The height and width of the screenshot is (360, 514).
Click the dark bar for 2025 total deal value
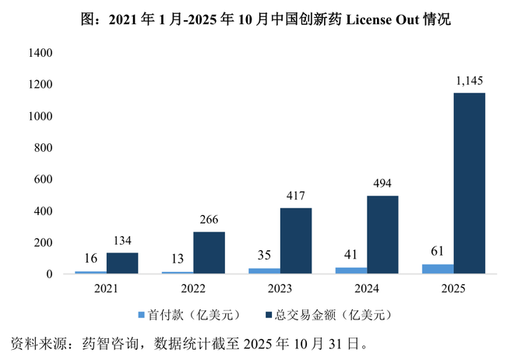[470, 184]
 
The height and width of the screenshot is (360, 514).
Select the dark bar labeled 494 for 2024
[383, 235]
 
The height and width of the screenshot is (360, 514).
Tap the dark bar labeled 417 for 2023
[296, 242]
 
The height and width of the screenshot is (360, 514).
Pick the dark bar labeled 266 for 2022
[209, 253]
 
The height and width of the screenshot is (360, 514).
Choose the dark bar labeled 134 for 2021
[122, 263]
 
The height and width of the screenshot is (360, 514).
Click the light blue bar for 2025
[438, 270]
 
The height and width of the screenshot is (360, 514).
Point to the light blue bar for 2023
[265, 271]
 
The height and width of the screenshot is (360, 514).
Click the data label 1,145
[469, 81]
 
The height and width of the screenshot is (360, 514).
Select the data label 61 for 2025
[437, 252]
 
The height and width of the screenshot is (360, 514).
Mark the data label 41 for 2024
[350, 256]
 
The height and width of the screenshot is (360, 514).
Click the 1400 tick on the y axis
[40, 53]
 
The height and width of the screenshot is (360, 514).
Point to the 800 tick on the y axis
[44, 148]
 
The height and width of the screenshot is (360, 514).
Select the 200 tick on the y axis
[44, 243]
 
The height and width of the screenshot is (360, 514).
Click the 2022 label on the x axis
[193, 288]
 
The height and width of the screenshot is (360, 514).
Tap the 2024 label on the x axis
[367, 288]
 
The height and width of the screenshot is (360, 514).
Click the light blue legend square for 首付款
[142, 316]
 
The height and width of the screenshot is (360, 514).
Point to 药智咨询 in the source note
[122, 343]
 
